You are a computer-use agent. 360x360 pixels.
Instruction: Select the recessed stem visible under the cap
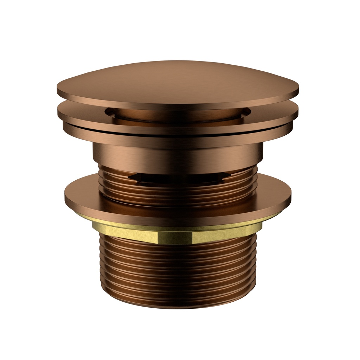(x=178, y=115)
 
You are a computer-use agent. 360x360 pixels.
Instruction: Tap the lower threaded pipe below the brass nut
(x=178, y=271)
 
